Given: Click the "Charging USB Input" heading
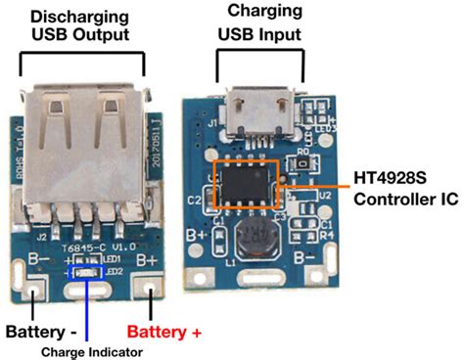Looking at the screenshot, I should tap(259, 24).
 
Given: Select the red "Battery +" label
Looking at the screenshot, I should tap(163, 334).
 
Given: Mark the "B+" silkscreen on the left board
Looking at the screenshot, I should tap(147, 260).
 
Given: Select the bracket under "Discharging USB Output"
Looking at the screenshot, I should tap(83, 63).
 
